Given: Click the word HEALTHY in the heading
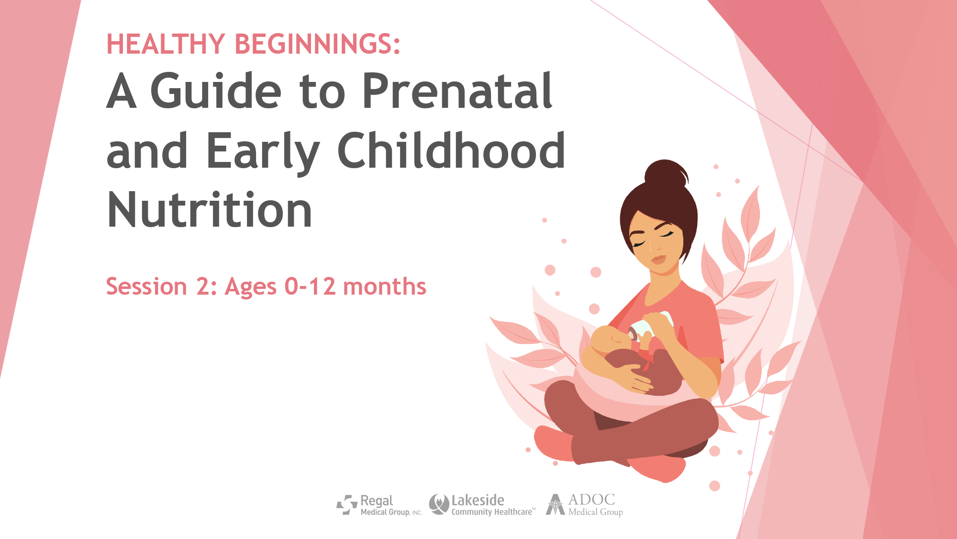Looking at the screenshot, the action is point(166,44).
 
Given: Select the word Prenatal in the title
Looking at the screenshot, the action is point(457,91).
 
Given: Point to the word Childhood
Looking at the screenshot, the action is point(451,149).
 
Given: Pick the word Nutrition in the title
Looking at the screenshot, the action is point(210,209).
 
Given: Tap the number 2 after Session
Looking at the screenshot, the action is point(202,287).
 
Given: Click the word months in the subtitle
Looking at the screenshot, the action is point(385,287).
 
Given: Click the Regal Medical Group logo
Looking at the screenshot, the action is point(379,505).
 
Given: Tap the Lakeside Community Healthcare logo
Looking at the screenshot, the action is point(482,505).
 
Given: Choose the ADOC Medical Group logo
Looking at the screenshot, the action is point(584,505).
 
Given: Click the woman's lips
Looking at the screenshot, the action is point(658,260).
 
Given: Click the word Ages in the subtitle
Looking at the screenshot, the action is point(251,287).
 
